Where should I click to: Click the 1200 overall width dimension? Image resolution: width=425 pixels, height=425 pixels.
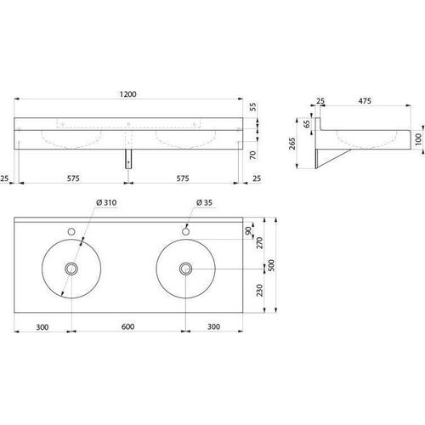[127, 94]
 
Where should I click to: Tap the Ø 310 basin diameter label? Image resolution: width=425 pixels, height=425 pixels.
[106, 202]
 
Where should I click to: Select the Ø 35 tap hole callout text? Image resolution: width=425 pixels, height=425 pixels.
[204, 202]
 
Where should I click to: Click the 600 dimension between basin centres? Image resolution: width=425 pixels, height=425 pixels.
[127, 326]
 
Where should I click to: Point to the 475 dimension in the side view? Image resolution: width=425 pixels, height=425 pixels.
[365, 101]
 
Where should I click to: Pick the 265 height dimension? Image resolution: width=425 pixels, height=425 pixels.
[292, 144]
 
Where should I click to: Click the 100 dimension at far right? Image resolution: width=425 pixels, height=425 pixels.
[418, 139]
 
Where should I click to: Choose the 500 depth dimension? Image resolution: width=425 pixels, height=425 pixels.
[271, 265]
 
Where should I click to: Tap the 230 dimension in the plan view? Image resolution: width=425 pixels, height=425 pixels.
[259, 291]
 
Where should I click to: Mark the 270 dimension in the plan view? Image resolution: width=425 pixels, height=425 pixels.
[259, 243]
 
